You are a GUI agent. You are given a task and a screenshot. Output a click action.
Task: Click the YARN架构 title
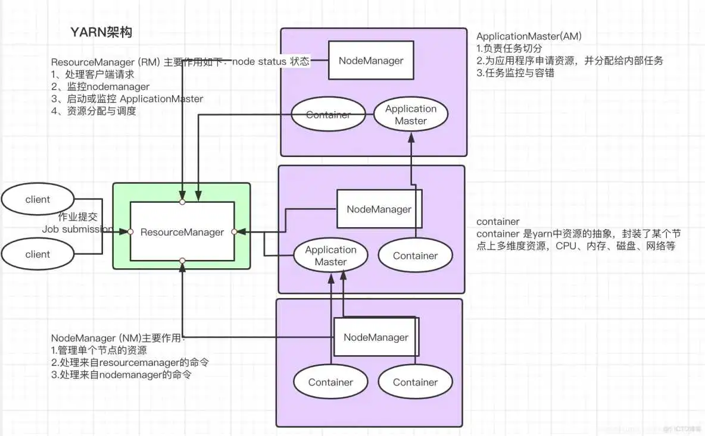coord(101,32)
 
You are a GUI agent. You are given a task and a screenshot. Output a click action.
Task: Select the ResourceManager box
coord(182,232)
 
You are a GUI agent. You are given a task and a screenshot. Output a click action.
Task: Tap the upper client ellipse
coord(38,199)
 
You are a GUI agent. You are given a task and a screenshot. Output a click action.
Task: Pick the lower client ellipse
coord(38,254)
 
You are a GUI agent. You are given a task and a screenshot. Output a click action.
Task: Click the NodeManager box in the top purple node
coord(371,60)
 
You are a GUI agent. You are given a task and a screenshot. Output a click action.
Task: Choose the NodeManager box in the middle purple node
coord(379,209)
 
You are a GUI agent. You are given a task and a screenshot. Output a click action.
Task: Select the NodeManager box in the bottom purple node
coord(376,337)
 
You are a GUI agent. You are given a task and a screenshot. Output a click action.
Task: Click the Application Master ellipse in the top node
coord(410,115)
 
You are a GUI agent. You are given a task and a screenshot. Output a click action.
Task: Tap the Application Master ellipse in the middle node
coord(330,256)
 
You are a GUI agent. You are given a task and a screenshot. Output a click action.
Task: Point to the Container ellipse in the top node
coord(328,115)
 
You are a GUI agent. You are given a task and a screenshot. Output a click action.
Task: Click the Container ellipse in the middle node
coord(415,256)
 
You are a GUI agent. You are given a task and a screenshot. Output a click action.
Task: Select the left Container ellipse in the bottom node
coord(330,382)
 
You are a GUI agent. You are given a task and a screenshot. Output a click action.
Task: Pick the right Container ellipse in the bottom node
coord(415,382)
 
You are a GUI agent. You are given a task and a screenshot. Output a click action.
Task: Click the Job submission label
coord(77,229)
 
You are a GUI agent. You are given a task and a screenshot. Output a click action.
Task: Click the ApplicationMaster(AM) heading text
coord(529,36)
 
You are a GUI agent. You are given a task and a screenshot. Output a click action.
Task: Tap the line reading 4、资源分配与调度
coord(93,111)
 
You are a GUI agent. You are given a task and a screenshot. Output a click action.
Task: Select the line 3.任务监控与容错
coord(516,73)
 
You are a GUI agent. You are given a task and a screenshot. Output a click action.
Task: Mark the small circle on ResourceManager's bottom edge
coord(182,261)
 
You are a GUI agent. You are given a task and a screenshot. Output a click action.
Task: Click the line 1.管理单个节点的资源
coord(99,350)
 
